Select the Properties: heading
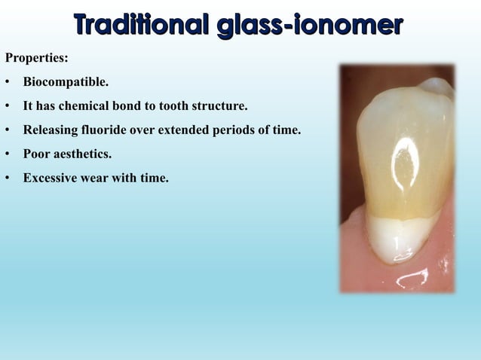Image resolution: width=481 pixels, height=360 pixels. (35, 57)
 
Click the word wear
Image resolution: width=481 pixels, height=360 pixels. (98, 178)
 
